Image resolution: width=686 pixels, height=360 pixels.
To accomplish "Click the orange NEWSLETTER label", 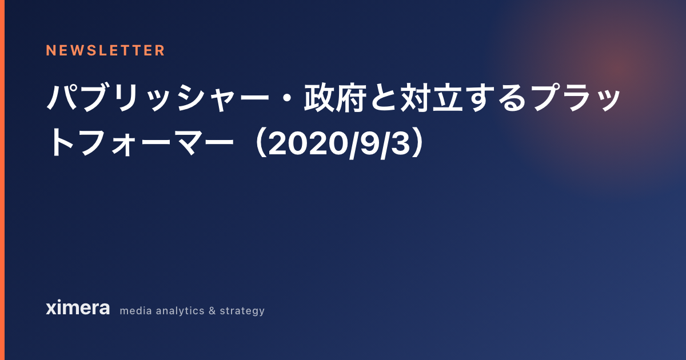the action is pyautogui.click(x=105, y=50).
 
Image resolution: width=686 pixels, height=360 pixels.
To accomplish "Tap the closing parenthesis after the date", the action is pyautogui.click(x=417, y=143).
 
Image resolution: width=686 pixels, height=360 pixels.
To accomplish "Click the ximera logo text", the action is pyautogui.click(x=78, y=307).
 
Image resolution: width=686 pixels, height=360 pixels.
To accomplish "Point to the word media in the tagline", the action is pyautogui.click(x=135, y=311).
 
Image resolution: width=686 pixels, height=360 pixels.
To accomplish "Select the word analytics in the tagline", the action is pyautogui.click(x=180, y=311).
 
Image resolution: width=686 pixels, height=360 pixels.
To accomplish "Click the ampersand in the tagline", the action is pyautogui.click(x=212, y=311).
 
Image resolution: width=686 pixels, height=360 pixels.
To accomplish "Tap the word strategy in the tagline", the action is pyautogui.click(x=242, y=311).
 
